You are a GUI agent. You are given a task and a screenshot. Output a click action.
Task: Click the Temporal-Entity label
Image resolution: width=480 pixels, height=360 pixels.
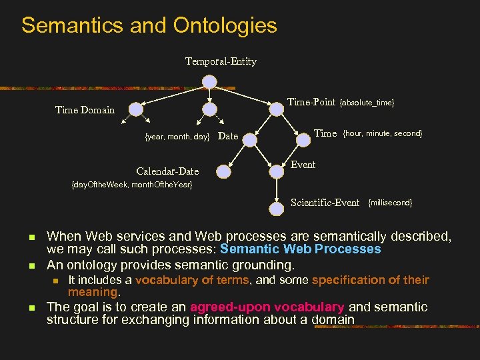point(221,61)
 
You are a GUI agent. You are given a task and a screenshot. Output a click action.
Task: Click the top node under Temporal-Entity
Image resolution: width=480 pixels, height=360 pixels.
point(209,81)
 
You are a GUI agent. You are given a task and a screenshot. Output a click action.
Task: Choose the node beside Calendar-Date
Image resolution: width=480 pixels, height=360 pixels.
point(223,171)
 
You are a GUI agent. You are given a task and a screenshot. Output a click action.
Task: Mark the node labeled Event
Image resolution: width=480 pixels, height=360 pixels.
point(277,171)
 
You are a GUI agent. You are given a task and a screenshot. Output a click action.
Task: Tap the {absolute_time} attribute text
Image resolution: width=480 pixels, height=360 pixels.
point(367,103)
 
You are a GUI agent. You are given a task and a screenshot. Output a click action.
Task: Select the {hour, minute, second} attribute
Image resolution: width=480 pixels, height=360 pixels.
point(382,133)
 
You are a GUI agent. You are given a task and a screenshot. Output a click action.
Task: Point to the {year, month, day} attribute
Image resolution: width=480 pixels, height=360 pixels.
point(177,137)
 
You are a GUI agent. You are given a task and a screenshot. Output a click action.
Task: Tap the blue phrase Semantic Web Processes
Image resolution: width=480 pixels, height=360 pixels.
point(300,249)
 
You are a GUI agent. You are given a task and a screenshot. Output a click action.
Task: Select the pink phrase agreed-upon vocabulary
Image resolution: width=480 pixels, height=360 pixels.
point(267,307)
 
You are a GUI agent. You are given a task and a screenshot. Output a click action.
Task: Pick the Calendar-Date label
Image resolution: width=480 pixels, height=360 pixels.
point(167,171)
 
